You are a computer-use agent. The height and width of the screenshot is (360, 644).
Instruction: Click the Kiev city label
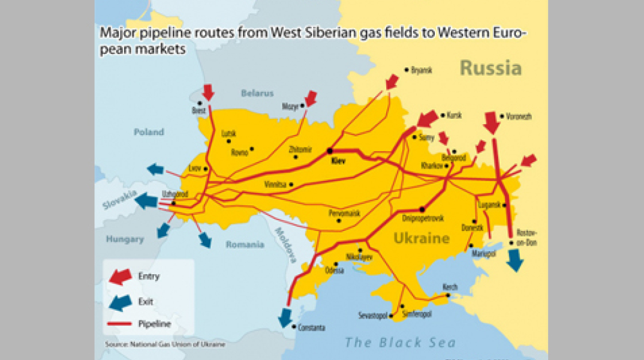[339, 161]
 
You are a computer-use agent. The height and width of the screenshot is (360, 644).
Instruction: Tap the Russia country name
[490, 68]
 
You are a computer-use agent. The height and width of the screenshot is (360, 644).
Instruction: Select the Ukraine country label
[422, 239]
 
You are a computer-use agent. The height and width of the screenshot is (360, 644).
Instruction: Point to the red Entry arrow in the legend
[121, 276]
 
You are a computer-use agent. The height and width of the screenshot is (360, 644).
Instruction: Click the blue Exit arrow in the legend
[121, 302]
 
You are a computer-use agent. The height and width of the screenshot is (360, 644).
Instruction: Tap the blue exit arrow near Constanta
[285, 316]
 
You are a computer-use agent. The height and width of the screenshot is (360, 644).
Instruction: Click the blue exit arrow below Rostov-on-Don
[514, 260]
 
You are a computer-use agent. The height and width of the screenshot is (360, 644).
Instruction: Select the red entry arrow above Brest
[208, 92]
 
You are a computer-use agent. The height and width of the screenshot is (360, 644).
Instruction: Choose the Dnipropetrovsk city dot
[423, 209]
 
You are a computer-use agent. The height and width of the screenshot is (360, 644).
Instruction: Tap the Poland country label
[149, 132]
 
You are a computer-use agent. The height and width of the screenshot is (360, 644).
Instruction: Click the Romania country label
[245, 245]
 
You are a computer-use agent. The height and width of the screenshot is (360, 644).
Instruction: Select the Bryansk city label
[421, 70]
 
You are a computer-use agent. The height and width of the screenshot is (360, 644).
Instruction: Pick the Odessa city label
[334, 271]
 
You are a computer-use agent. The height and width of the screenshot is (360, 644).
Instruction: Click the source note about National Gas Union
[165, 344]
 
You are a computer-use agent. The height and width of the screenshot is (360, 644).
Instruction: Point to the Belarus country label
[257, 93]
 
